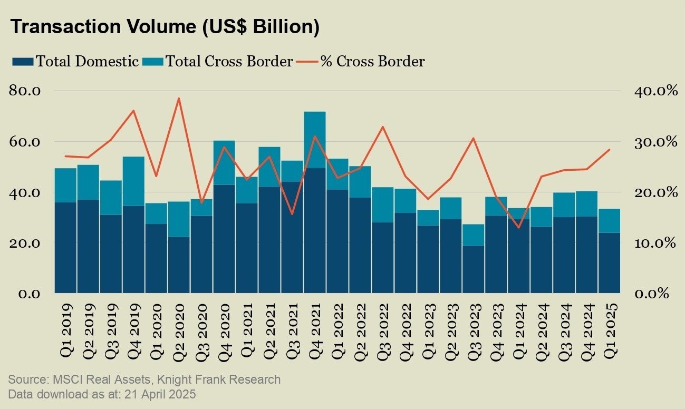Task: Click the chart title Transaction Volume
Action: [x=165, y=27]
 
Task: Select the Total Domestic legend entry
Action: [x=76, y=61]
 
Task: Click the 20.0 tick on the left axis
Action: [x=25, y=243]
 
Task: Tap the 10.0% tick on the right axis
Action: [x=655, y=243]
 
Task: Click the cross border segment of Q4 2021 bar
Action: [x=315, y=140]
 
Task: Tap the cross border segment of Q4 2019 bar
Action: [x=133, y=181]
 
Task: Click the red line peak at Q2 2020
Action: [x=179, y=99]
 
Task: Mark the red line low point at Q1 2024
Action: [x=519, y=228]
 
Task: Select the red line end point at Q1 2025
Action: [x=610, y=150]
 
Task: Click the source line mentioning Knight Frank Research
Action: [x=144, y=379]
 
